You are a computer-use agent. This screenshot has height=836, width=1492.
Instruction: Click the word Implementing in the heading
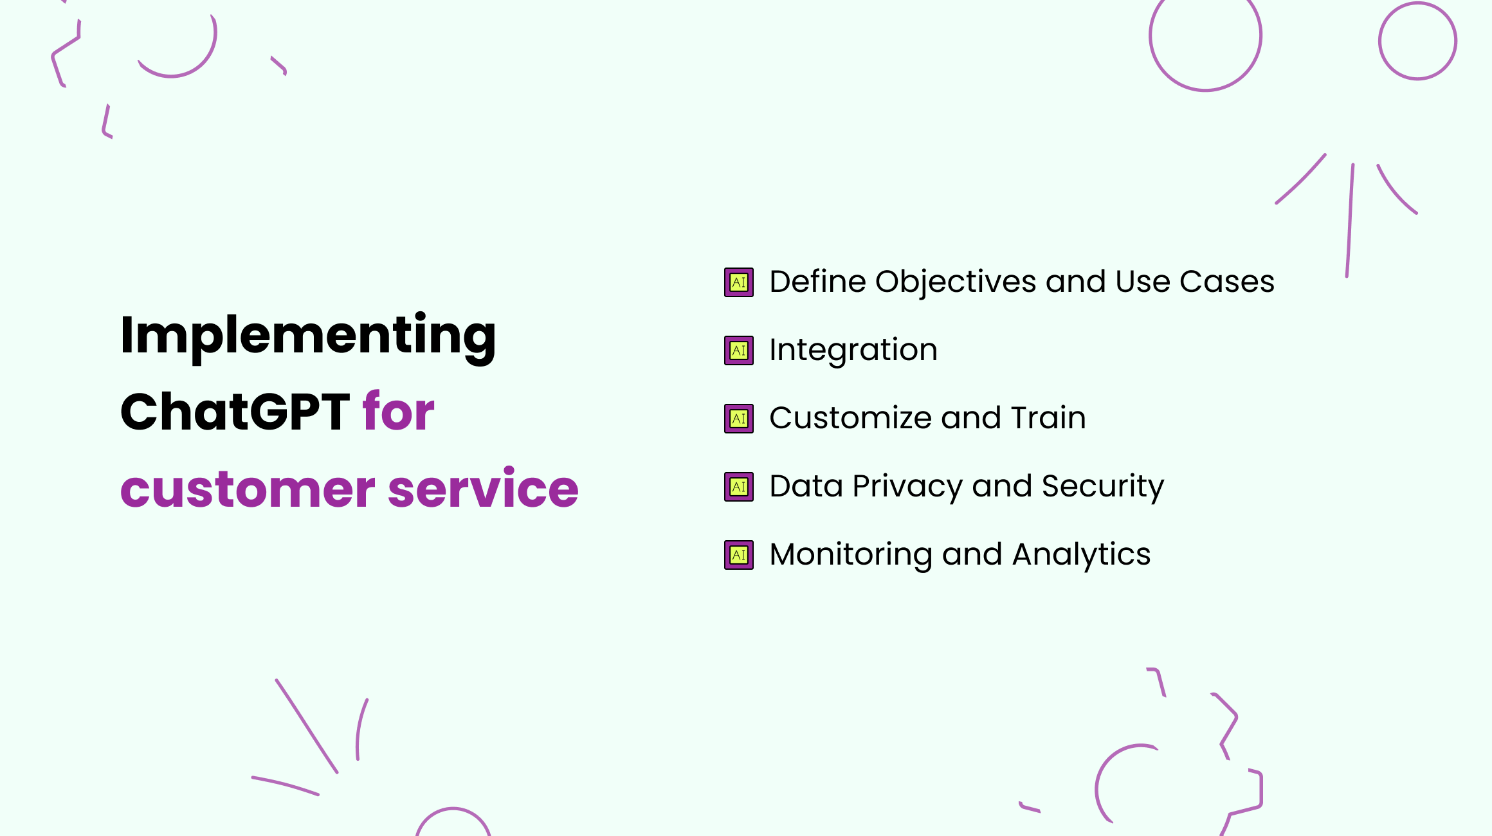tap(307, 336)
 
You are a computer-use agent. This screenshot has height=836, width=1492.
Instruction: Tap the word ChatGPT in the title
tap(235, 412)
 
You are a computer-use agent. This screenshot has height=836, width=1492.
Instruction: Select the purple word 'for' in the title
tap(398, 412)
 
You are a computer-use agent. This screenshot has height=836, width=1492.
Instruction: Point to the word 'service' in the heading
tap(483, 489)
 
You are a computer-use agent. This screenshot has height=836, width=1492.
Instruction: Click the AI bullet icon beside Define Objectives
tap(739, 282)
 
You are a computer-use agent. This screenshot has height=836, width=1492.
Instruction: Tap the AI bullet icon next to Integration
tap(739, 350)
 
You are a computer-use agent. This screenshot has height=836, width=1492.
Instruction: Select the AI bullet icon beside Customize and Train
tap(739, 419)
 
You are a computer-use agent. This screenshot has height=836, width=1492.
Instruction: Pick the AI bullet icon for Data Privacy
tap(739, 487)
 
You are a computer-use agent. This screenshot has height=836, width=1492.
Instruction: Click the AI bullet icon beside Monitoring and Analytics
tap(739, 555)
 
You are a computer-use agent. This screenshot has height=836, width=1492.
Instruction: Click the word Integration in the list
tap(853, 350)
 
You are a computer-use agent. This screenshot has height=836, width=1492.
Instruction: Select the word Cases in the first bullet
tap(1226, 282)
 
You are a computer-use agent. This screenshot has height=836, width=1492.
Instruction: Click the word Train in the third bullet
tap(1048, 419)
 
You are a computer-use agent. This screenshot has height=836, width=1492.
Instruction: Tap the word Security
tap(1102, 487)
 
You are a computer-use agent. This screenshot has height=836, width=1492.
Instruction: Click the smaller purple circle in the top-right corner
tap(1417, 41)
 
